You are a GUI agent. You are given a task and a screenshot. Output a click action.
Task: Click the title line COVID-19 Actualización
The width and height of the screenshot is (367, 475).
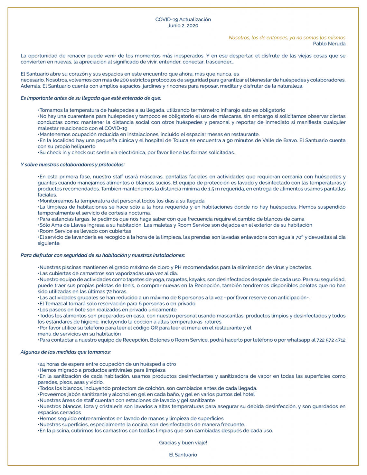point(183,19)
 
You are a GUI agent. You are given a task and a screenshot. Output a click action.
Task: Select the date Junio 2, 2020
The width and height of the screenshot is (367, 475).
point(183,25)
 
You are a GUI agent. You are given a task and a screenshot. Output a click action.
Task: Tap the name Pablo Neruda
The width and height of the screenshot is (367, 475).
point(329,44)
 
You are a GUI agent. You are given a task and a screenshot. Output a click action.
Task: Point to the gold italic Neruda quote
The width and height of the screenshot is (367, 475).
point(287,38)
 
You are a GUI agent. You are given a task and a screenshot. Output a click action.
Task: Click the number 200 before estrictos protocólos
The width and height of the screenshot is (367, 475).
point(125,80)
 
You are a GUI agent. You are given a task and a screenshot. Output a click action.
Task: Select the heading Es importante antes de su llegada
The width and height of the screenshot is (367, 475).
point(91,98)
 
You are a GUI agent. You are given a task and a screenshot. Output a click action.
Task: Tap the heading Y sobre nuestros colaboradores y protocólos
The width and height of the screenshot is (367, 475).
point(72,165)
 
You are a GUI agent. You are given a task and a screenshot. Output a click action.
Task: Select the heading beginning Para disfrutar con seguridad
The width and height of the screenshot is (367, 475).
point(103,255)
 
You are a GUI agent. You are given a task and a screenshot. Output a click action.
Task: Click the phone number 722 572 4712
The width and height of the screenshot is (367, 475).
point(331,340)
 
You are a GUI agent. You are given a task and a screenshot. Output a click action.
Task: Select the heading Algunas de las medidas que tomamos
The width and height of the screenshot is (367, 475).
point(66,352)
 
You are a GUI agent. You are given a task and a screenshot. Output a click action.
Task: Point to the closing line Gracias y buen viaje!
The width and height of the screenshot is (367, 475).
point(183,443)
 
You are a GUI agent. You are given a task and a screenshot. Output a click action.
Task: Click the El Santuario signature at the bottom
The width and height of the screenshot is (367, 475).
point(183,455)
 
